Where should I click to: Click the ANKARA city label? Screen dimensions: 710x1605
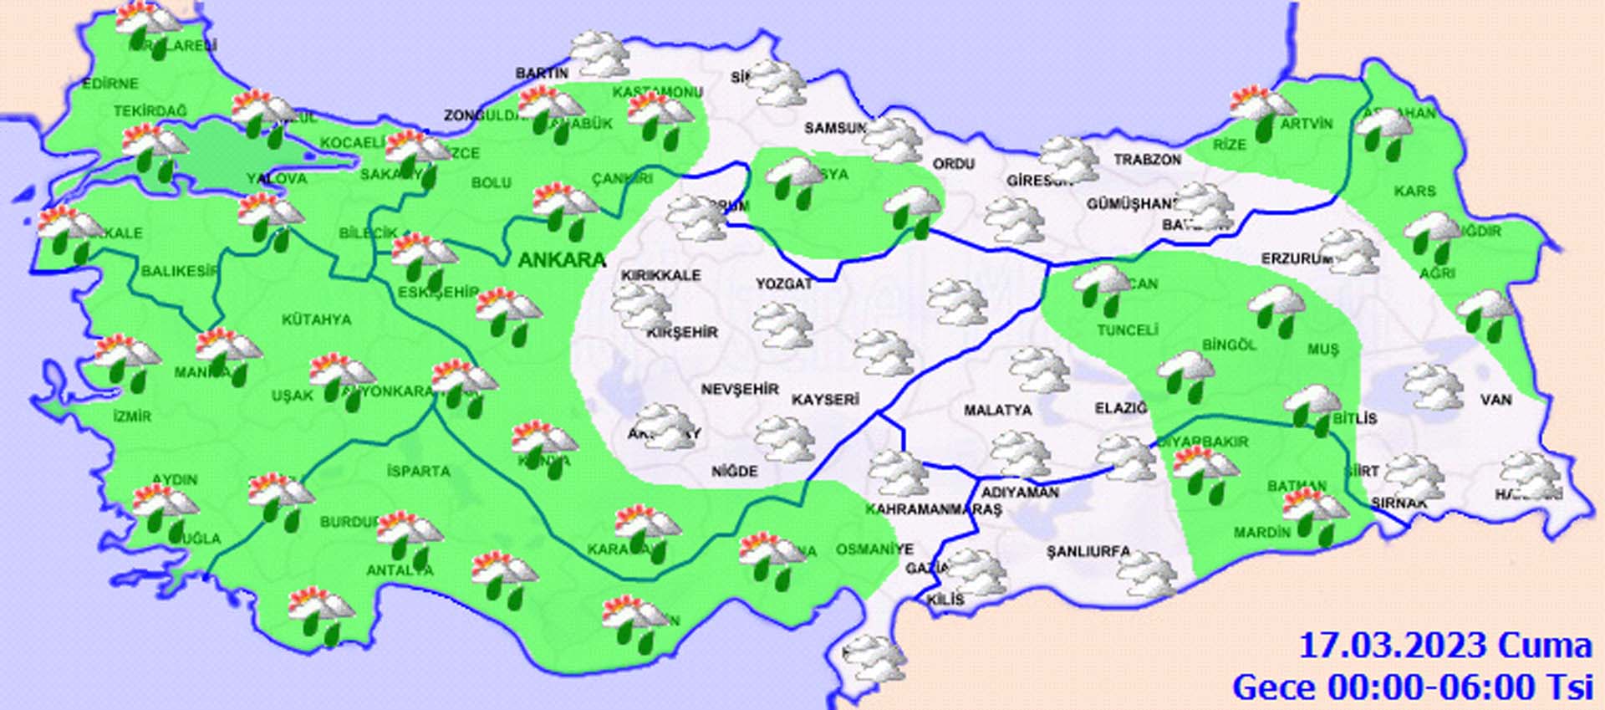[562, 260]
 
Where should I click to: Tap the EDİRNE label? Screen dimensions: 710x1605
[110, 84]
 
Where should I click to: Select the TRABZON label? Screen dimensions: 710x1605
[1147, 159]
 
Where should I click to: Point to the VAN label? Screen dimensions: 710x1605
[1495, 400]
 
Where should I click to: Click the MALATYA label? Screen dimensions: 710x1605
[997, 411]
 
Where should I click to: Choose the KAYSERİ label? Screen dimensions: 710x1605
[825, 400]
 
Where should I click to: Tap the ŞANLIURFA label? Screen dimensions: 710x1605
[1088, 552]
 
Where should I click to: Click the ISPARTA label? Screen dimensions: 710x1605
[418, 472]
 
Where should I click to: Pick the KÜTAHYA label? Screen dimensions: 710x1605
[316, 319]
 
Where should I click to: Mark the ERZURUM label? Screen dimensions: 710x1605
[1296, 259]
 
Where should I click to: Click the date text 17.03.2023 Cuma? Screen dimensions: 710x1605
[1444, 646]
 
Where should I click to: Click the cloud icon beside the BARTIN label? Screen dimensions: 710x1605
[599, 54]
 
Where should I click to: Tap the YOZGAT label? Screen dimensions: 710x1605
[783, 284]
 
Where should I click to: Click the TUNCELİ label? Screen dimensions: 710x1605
[1127, 330]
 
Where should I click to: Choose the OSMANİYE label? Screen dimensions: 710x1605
[874, 549]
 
